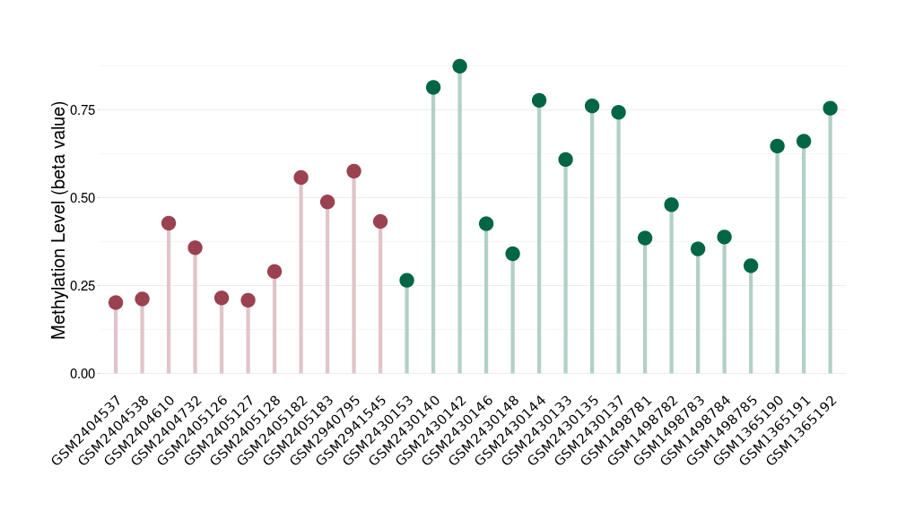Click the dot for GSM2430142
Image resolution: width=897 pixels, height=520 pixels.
(459, 66)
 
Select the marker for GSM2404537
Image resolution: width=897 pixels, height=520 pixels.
(116, 303)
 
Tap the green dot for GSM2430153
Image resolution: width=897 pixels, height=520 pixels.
(406, 281)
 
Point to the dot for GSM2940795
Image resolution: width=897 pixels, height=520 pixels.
(353, 171)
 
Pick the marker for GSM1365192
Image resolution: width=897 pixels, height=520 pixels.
(830, 108)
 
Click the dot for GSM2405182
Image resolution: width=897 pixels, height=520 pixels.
(300, 178)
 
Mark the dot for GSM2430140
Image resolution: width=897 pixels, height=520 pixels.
(433, 88)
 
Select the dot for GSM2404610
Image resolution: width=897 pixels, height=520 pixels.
(169, 223)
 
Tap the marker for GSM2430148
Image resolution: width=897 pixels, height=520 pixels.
(512, 254)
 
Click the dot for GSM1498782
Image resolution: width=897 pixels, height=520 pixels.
(671, 204)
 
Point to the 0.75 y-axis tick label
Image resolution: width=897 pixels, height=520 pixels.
(82, 109)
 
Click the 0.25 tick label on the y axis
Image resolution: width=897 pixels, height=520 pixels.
(82, 286)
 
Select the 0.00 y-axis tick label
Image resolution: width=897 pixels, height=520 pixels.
(82, 374)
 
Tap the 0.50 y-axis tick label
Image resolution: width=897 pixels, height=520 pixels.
(82, 197)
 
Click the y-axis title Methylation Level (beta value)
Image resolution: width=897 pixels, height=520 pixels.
(59, 220)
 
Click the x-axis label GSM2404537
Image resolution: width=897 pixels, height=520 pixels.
(88, 429)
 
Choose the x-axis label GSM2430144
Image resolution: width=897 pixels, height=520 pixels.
(510, 429)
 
